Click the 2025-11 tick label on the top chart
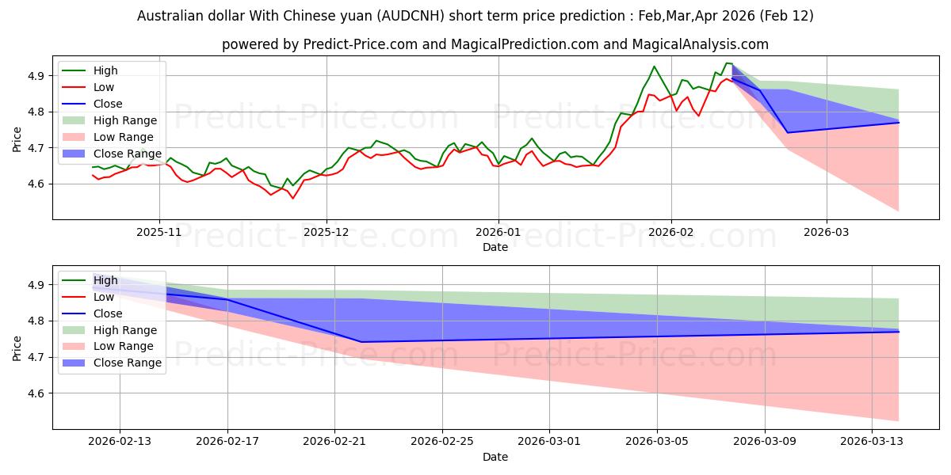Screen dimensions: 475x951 (x=159, y=233)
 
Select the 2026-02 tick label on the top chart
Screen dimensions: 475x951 (x=671, y=233)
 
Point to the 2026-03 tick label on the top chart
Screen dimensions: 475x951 (x=827, y=233)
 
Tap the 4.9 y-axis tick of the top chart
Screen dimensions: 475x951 (x=37, y=76)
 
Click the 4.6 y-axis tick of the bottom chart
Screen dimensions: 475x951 (x=37, y=393)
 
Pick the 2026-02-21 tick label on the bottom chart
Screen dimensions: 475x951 (x=334, y=443)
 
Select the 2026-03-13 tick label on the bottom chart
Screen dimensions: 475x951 (x=872, y=443)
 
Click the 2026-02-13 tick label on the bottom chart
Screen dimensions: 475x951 (x=120, y=443)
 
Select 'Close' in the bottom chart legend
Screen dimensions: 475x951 (x=108, y=313)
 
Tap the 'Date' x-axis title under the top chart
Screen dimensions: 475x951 (x=495, y=247)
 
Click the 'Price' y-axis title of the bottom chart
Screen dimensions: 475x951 (x=17, y=348)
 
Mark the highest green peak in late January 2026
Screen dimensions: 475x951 (x=654, y=66)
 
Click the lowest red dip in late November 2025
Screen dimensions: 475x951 (x=292, y=198)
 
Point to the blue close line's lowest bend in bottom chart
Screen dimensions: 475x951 (x=361, y=342)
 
